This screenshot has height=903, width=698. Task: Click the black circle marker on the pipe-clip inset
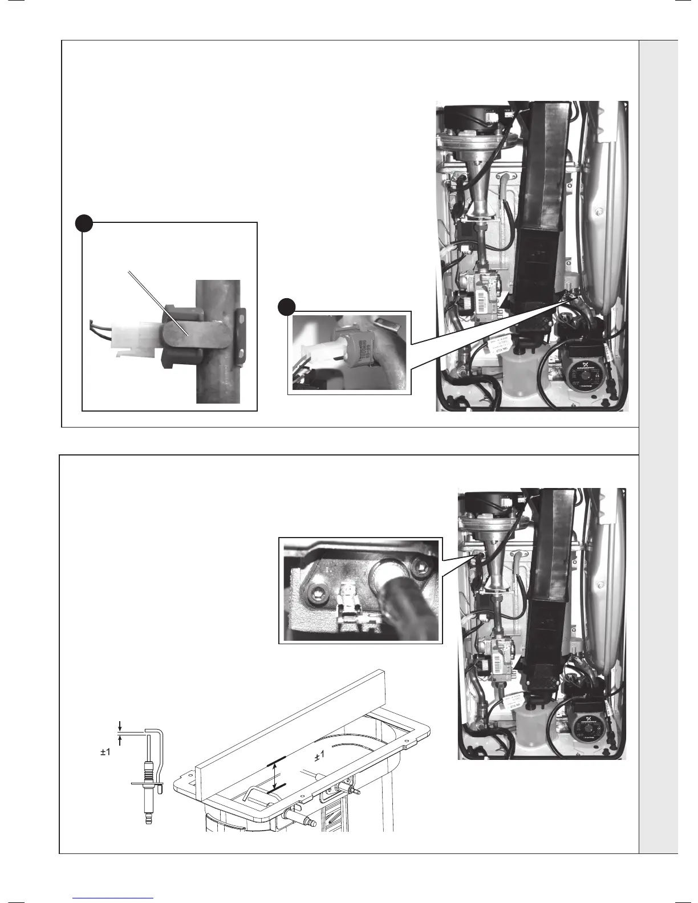84,223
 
